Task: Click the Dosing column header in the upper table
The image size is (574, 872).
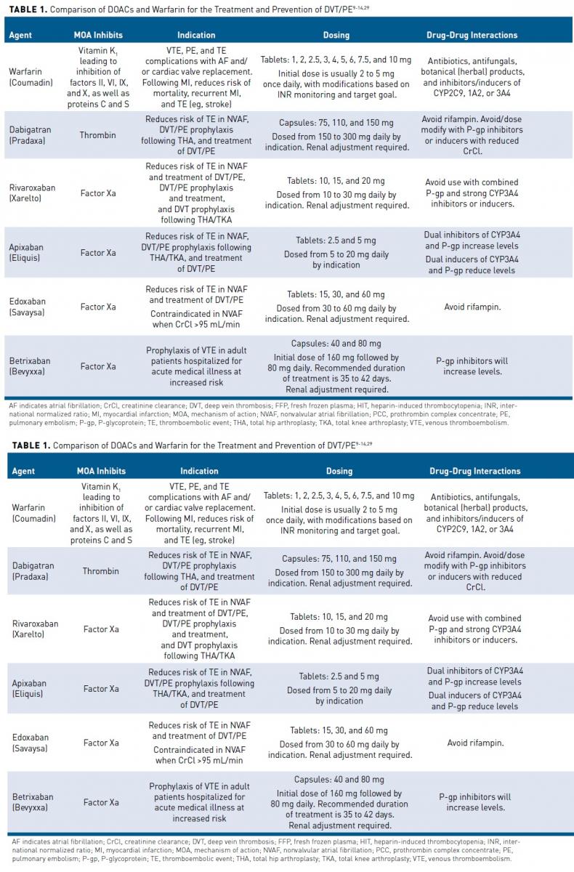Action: (x=336, y=35)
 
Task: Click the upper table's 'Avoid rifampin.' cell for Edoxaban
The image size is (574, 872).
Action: (x=474, y=307)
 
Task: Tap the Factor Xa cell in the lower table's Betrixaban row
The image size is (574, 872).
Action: (x=101, y=802)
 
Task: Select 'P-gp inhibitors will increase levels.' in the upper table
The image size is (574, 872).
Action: (x=472, y=366)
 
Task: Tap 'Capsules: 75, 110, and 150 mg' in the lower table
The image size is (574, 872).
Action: (x=339, y=559)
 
